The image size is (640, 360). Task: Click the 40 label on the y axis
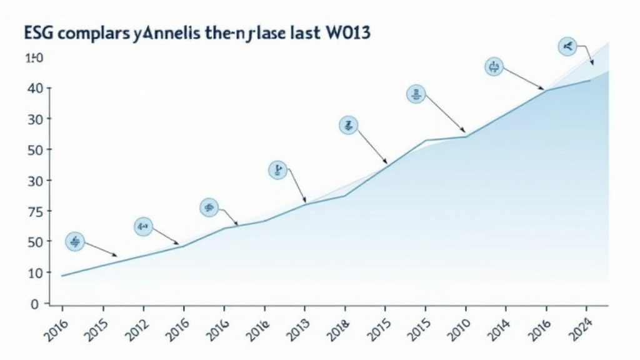[x=35, y=88]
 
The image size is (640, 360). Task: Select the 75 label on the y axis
[x=35, y=211]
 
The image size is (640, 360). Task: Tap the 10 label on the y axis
[x=35, y=272]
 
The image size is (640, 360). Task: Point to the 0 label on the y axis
[x=35, y=304]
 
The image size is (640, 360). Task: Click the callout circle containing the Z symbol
[x=349, y=125]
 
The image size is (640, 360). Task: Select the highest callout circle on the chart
[x=567, y=46]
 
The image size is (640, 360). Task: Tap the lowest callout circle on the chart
[x=75, y=242]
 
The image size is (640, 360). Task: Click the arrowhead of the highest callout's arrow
[x=591, y=63]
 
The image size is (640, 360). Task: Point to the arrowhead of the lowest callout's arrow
[x=115, y=255]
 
